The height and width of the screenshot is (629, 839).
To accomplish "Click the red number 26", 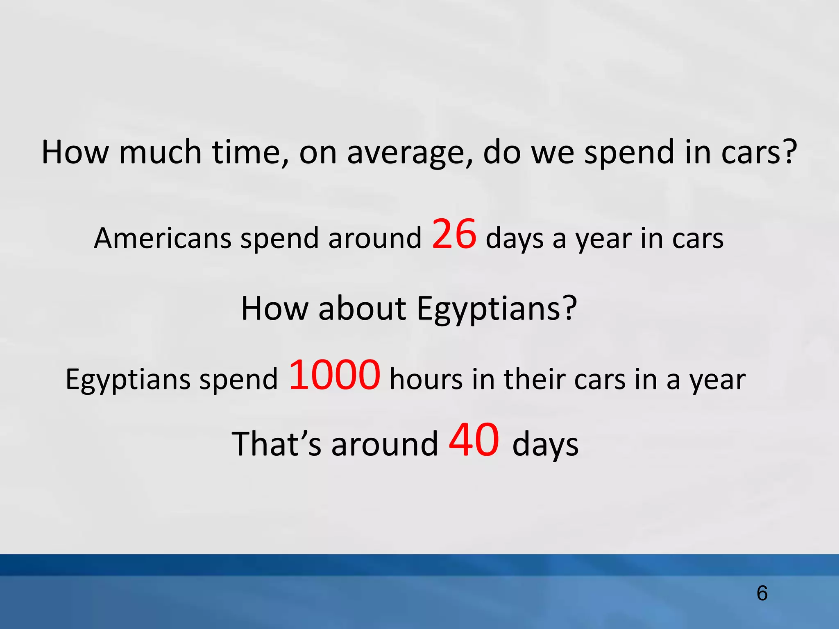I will (454, 234).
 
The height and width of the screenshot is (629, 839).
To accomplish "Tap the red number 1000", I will (335, 375).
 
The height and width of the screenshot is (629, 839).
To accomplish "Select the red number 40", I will (474, 441).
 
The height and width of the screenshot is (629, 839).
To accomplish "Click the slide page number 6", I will (762, 593).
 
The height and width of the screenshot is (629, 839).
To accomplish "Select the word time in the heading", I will (250, 152).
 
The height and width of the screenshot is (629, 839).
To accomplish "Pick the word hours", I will (426, 379).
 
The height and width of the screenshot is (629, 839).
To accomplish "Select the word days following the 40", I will (545, 446).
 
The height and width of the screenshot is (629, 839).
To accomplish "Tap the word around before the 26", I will (374, 238).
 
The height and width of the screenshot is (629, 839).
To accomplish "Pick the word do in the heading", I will (502, 152).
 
